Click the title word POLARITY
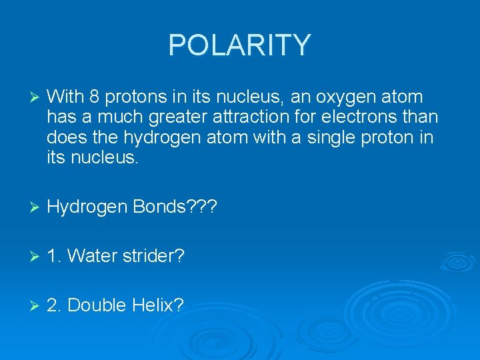(239, 45)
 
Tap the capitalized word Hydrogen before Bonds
(87, 207)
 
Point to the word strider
(157, 256)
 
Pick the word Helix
(158, 305)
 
